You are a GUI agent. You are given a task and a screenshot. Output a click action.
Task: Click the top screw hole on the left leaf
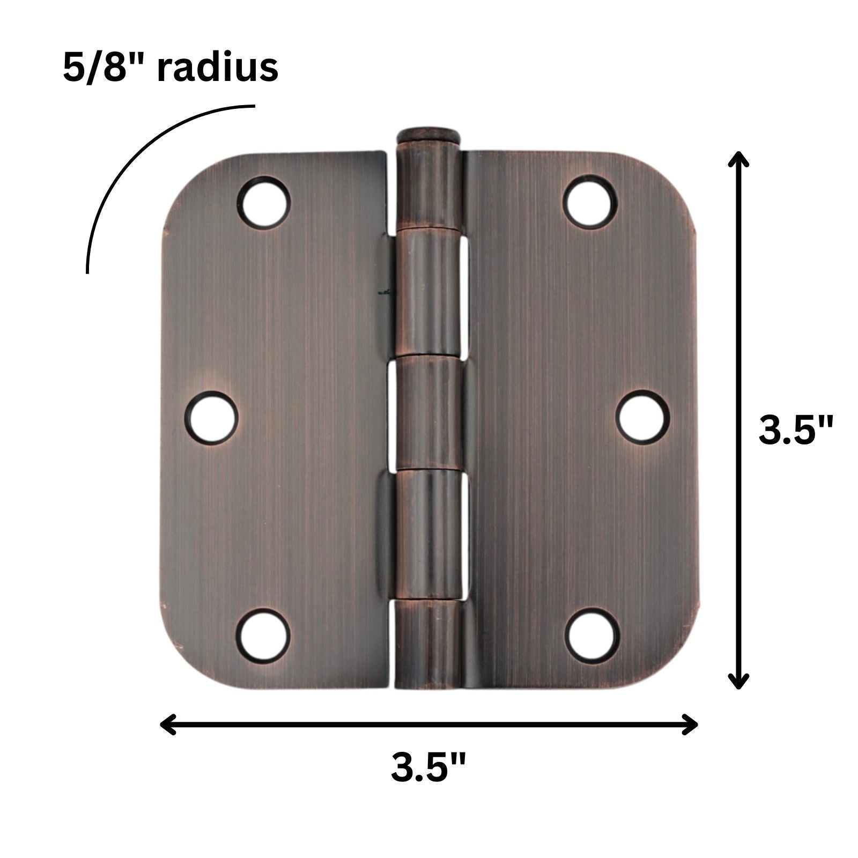(263, 203)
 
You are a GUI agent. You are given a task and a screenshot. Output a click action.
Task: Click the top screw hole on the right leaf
(589, 202)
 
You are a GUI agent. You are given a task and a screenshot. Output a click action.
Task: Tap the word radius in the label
(217, 68)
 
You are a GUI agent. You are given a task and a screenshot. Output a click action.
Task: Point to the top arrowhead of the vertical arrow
(738, 160)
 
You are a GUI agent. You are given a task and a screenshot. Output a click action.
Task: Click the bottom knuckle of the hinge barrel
(427, 643)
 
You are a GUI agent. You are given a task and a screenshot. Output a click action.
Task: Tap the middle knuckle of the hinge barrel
(427, 413)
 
